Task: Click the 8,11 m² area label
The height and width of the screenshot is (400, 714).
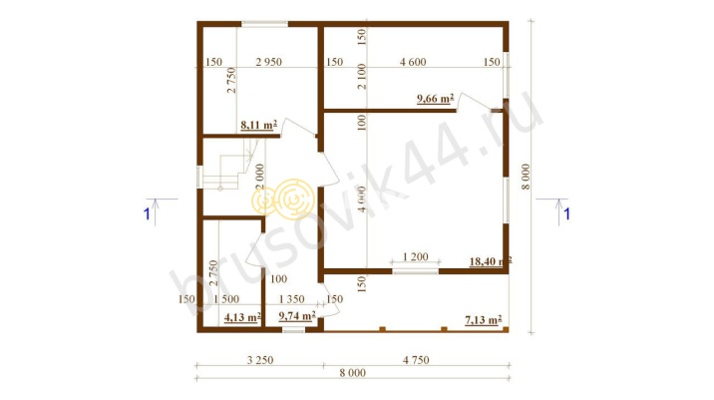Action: pyautogui.click(x=258, y=126)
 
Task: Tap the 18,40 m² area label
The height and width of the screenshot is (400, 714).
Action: pyautogui.click(x=490, y=261)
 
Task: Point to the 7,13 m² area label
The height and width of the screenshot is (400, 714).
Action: pyautogui.click(x=484, y=320)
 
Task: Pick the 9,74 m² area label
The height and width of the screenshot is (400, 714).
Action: pyautogui.click(x=297, y=316)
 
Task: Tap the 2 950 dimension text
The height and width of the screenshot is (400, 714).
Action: pyautogui.click(x=268, y=62)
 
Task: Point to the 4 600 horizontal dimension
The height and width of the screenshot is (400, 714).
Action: pyautogui.click(x=413, y=62)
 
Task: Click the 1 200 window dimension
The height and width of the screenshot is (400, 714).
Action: pyautogui.click(x=416, y=257)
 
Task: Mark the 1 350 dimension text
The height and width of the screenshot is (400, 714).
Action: pyautogui.click(x=292, y=299)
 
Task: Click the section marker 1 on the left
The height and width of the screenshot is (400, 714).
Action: pyautogui.click(x=147, y=213)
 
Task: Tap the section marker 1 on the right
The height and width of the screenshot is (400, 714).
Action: pyautogui.click(x=567, y=213)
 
